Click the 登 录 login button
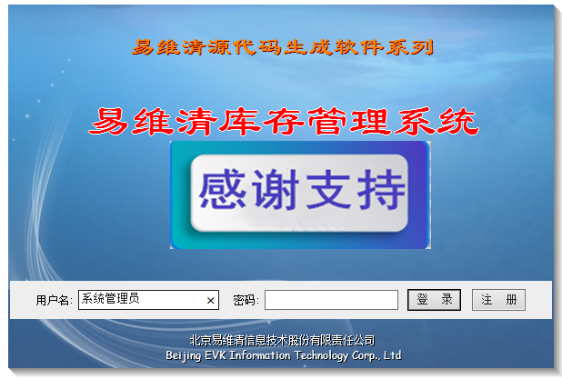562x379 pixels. (434, 300)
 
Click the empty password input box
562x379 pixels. (331, 300)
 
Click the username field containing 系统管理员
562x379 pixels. (148, 300)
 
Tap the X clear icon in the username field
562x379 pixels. (211, 301)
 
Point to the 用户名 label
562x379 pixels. (54, 300)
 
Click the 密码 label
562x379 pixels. (246, 300)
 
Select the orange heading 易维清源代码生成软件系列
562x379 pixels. (283, 47)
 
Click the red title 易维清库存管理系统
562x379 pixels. (284, 122)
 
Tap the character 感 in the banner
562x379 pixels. (223, 189)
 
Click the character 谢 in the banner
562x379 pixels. (276, 189)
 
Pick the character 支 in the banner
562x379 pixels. (328, 189)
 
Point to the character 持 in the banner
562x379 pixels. (381, 189)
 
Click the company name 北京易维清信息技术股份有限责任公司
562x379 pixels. (283, 340)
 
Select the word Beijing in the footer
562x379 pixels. (183, 355)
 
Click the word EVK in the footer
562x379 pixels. (215, 355)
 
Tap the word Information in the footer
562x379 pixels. (260, 355)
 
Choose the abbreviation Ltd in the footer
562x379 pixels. (393, 355)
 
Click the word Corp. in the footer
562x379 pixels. (366, 355)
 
